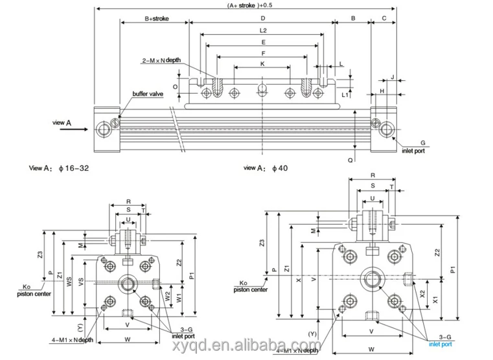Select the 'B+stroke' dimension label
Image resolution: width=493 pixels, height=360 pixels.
[x=156, y=19]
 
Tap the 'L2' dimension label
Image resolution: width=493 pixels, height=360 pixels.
[x=263, y=30]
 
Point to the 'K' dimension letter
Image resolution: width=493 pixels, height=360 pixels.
[x=262, y=64]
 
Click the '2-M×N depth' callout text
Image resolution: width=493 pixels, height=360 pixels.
[x=161, y=60]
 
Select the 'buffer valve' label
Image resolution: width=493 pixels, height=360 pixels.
[x=148, y=95]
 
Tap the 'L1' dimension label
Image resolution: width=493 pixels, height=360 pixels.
[x=345, y=95]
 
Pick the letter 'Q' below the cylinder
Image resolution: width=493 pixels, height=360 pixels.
[x=350, y=158]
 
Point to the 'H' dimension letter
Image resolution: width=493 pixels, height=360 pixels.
[x=382, y=91]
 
